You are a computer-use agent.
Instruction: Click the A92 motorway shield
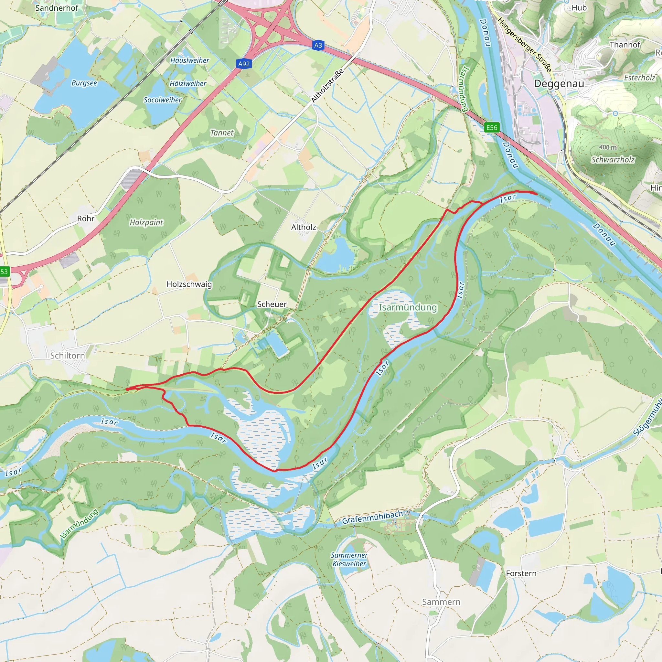[x=244, y=64]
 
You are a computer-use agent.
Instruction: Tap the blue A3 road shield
[x=318, y=45]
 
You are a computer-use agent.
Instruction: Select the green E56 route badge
[x=492, y=127]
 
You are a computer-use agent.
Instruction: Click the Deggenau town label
[x=559, y=84]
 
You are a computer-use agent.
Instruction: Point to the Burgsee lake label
[x=84, y=83]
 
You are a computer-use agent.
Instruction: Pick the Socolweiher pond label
[x=162, y=100]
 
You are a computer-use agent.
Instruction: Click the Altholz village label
[x=303, y=227]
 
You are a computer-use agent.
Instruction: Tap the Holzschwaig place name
[x=189, y=284]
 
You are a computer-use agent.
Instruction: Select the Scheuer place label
[x=272, y=304]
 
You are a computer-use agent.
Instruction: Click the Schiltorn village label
[x=68, y=356]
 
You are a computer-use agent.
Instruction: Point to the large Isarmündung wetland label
[x=408, y=307]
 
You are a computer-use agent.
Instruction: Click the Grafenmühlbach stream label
[x=372, y=518]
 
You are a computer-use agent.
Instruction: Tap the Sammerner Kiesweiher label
[x=349, y=559]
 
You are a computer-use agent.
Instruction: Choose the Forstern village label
[x=521, y=573]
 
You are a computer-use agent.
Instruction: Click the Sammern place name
[x=441, y=602]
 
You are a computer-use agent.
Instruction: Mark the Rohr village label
[x=86, y=219]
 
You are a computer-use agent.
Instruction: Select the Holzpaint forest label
[x=146, y=222]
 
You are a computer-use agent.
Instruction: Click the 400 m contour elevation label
[x=608, y=147]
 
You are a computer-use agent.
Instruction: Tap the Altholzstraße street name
[x=327, y=86]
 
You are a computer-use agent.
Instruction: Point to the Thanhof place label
[x=625, y=45]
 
